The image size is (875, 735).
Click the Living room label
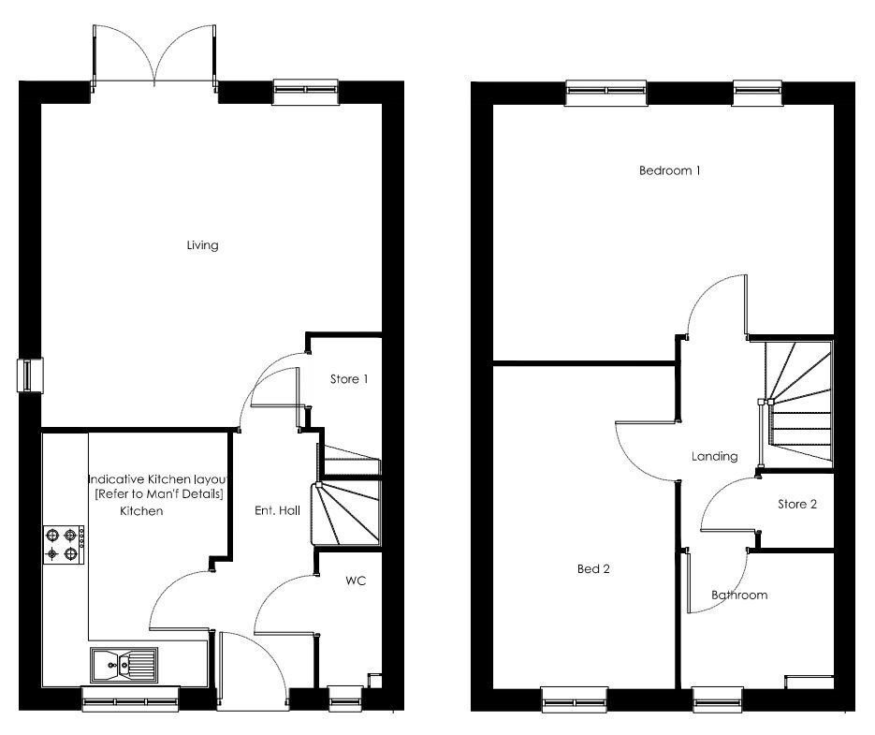coord(202,245)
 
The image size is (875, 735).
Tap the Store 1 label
coord(348,379)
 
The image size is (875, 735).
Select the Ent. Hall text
coord(277,510)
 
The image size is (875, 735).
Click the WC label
coord(355,581)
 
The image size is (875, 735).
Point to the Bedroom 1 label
coord(669,170)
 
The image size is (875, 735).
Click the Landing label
coord(714,457)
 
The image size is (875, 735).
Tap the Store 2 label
coord(797,504)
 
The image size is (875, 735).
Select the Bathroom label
coord(738,595)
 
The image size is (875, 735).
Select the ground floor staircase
coord(348,496)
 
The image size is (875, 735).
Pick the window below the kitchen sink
coord(129,696)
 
